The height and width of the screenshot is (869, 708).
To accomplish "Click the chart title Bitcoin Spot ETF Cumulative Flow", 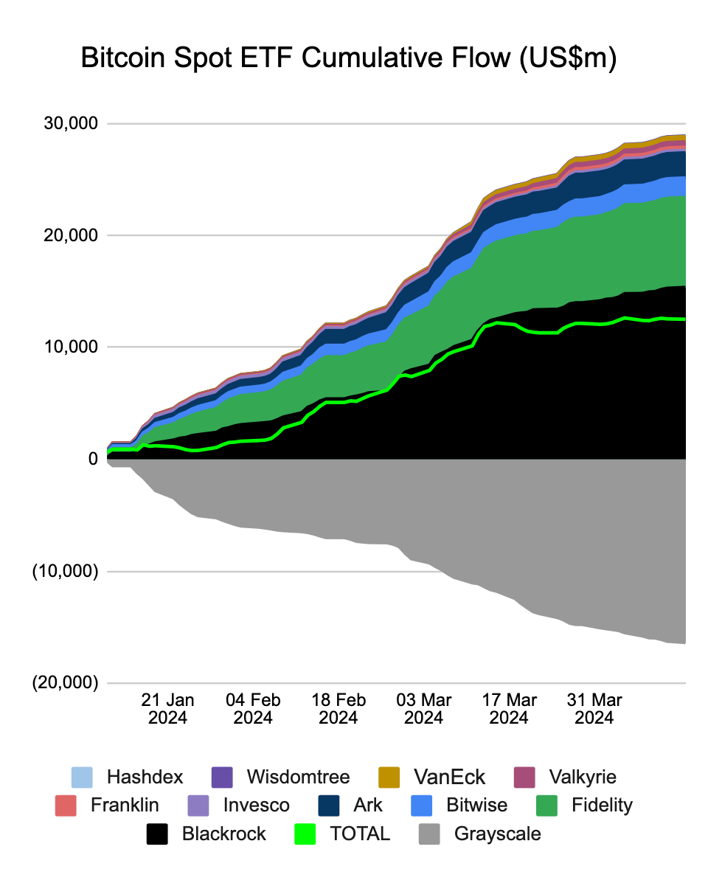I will [347, 59].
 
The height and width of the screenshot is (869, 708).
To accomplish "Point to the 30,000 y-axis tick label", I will [72, 123].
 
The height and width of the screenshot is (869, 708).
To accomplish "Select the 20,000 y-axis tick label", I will [72, 235].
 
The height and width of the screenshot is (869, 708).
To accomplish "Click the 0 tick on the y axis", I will [93, 459].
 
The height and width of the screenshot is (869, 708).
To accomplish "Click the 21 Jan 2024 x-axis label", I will [167, 708].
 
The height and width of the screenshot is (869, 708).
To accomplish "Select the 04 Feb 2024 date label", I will [253, 708].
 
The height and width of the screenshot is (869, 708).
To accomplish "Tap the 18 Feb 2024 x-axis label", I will [338, 708].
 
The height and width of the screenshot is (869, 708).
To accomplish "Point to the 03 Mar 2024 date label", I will [423, 708].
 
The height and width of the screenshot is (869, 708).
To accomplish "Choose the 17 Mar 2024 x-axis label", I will [509, 708].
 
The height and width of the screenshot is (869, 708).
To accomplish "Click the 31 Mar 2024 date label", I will [594, 708].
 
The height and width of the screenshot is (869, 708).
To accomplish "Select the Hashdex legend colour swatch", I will [82, 777].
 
